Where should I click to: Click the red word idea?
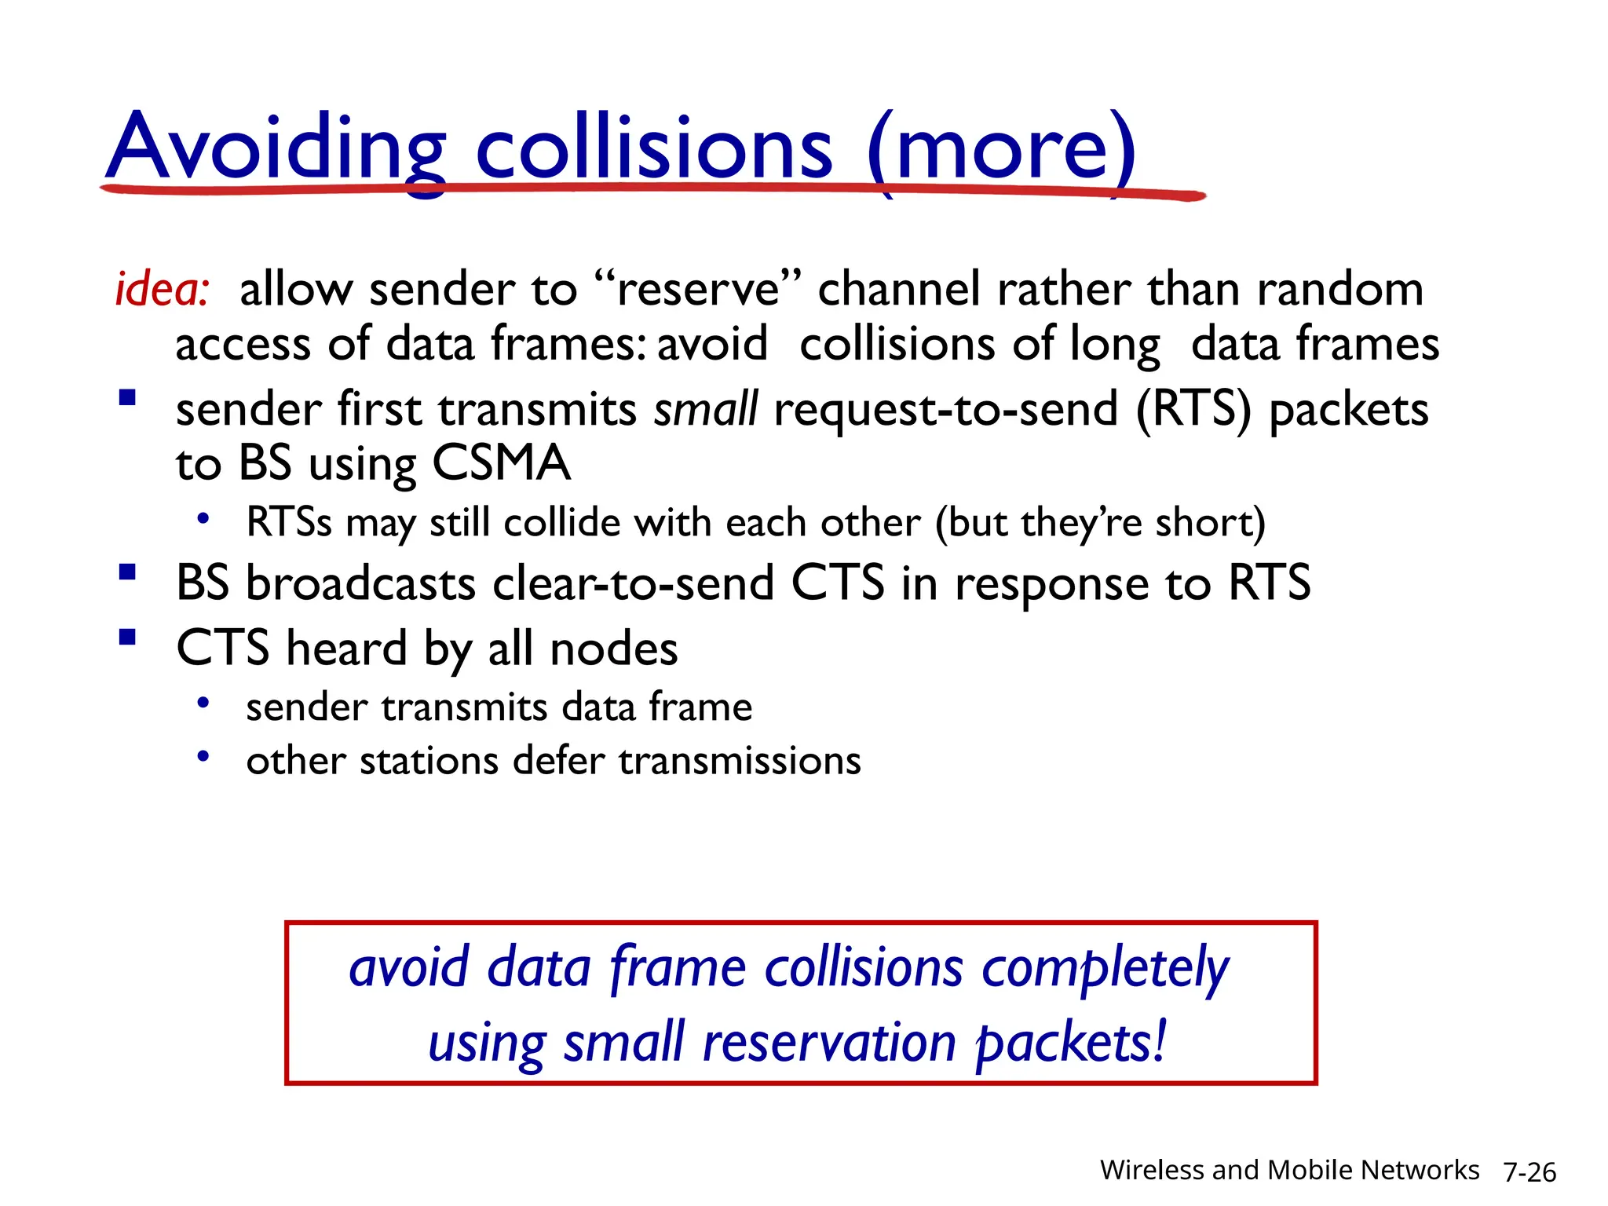click(162, 289)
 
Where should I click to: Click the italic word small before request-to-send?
click(706, 409)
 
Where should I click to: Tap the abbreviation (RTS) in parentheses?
click(1193, 409)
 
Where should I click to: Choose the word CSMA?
click(500, 462)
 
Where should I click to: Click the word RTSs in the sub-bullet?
click(289, 522)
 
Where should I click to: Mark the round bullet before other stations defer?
click(203, 757)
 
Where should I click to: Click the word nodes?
click(613, 650)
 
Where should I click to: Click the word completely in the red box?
click(1105, 969)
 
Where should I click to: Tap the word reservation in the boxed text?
click(829, 1043)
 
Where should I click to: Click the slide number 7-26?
click(1529, 1172)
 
